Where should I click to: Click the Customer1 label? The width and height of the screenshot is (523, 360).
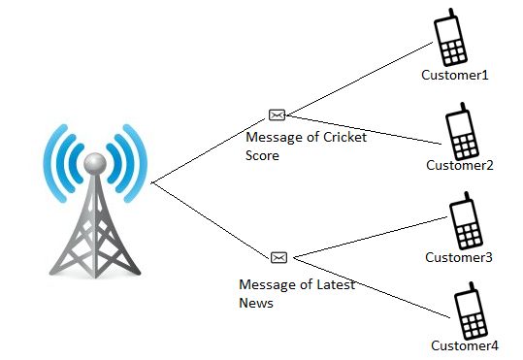click(453, 75)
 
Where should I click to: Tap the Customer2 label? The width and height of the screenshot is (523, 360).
click(460, 165)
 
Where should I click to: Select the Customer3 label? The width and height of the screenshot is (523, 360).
click(459, 257)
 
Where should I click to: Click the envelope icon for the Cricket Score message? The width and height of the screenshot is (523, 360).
click(278, 115)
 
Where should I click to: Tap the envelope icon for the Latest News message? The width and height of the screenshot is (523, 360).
click(279, 257)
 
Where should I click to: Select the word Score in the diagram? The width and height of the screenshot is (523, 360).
click(263, 155)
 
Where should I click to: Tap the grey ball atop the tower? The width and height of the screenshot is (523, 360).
click(93, 162)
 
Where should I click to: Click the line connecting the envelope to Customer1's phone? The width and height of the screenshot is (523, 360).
click(359, 77)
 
